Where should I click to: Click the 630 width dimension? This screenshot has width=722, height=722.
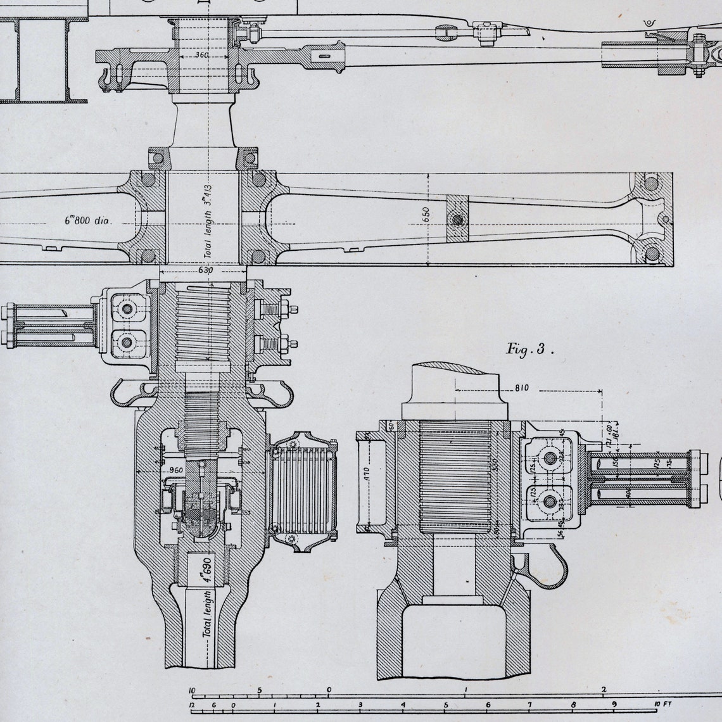click(205, 270)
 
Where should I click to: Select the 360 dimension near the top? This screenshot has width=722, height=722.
click(201, 56)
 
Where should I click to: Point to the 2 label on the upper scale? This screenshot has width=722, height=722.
click(604, 690)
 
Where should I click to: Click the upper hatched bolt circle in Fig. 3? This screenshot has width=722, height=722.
click(549, 458)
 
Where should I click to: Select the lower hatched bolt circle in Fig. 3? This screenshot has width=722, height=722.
click(549, 502)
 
